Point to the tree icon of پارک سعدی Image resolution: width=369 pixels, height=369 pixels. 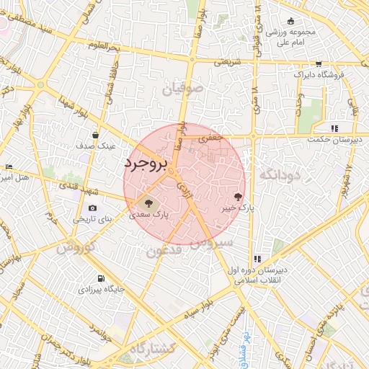pos(149,204)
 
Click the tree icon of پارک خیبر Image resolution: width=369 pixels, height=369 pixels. pos(239,196)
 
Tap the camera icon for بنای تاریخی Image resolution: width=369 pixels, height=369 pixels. pos(92,208)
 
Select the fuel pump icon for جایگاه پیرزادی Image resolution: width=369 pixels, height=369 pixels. pos(101,278)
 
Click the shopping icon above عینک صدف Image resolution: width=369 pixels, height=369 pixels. pos(95,135)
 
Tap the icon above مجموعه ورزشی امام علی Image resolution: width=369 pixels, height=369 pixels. pos(290,22)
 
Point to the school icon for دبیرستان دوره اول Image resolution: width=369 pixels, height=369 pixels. pos(257,259)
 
